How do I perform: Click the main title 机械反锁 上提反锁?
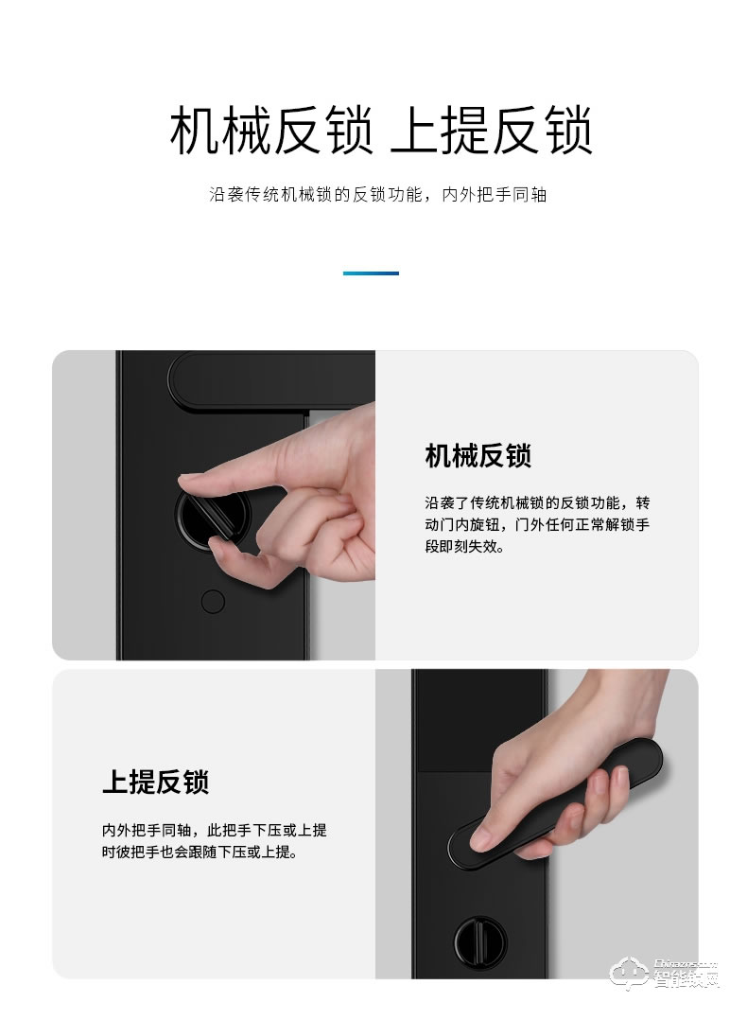[381, 132]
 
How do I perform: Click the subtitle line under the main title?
[377, 195]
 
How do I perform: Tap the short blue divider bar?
[371, 273]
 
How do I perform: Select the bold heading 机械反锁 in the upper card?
[478, 455]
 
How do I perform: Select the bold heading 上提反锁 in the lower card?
[155, 782]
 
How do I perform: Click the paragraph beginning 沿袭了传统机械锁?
[537, 523]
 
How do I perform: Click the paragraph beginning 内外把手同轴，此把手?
[215, 841]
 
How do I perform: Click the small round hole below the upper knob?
[213, 602]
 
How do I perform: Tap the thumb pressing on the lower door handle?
[492, 828]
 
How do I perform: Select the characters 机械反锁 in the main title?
[270, 132]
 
